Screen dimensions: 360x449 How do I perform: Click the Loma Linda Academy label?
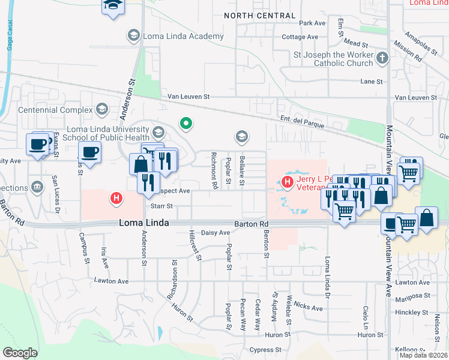(x=182, y=36)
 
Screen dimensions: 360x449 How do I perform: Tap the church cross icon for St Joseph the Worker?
(x=382, y=59)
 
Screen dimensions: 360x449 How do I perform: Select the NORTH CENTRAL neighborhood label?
(x=259, y=16)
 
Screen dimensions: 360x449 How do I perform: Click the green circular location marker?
(x=187, y=124)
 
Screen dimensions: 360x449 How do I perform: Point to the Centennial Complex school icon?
(x=102, y=110)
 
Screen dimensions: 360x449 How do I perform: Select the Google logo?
(x=20, y=353)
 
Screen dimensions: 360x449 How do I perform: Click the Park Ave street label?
(x=312, y=23)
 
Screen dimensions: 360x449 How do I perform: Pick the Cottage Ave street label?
(x=300, y=37)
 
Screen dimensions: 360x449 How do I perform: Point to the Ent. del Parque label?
(x=302, y=122)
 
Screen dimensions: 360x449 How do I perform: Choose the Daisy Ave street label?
(x=215, y=233)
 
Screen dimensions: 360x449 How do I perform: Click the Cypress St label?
(x=265, y=350)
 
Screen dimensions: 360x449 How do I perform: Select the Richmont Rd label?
(x=213, y=170)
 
